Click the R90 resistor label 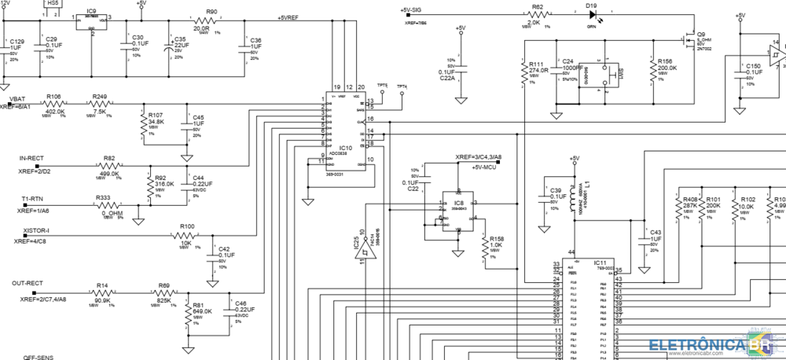coord(211,12)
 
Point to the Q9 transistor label coord(691,34)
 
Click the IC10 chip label coord(345,147)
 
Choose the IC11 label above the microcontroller coord(600,262)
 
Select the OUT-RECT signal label coord(28,282)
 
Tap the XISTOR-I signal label coord(36,230)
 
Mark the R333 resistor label coord(103,197)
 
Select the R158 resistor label coord(496,238)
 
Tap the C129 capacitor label coord(17,41)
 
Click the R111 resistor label coord(538,64)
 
